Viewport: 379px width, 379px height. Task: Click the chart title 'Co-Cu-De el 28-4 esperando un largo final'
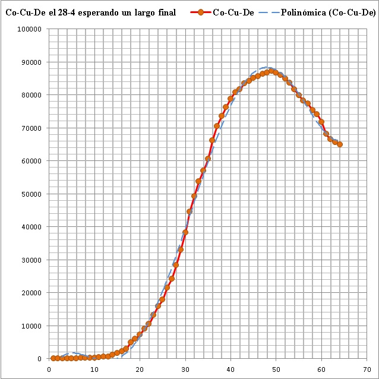(x=90, y=12)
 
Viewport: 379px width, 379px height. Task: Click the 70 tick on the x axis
(x=367, y=368)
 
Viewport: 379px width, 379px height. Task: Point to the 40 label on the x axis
(x=230, y=368)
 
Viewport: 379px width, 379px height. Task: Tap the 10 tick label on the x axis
(x=94, y=368)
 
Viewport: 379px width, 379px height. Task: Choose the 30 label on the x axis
(x=185, y=368)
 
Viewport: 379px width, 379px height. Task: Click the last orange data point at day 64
(x=339, y=144)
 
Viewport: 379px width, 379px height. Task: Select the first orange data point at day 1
(x=53, y=358)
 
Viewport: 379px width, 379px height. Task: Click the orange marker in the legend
(x=200, y=12)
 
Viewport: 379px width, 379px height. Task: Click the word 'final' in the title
(x=165, y=12)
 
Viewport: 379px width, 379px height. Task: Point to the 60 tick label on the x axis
(x=321, y=368)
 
